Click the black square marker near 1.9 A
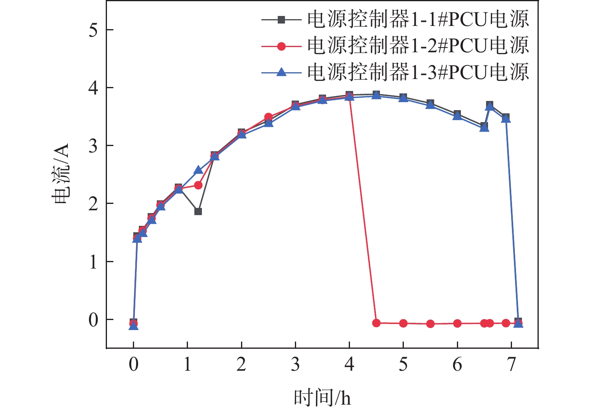(198, 211)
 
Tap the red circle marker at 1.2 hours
(198, 185)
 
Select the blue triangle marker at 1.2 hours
(198, 170)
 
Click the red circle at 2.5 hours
(269, 117)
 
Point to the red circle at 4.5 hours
(376, 323)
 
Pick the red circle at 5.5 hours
(430, 324)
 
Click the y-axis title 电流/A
(61, 174)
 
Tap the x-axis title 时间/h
(322, 398)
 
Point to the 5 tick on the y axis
(93, 30)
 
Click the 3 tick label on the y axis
(93, 146)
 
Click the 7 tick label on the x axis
(511, 364)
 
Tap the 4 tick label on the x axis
(349, 364)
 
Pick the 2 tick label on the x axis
(241, 364)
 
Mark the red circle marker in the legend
(281, 46)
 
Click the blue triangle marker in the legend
(281, 72)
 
